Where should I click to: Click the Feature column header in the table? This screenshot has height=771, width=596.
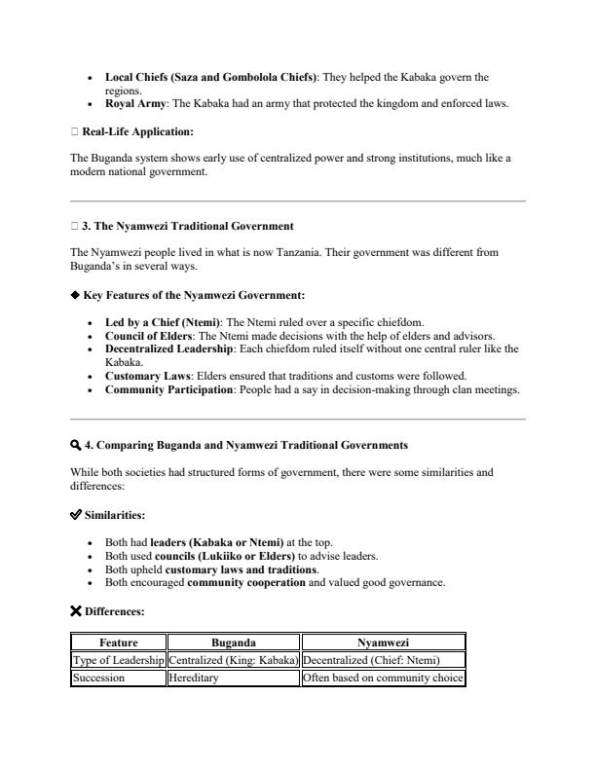click(119, 642)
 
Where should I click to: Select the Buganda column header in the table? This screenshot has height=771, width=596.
click(234, 642)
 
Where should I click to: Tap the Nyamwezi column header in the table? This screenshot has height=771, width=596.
click(383, 642)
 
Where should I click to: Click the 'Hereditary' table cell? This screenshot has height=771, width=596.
click(194, 679)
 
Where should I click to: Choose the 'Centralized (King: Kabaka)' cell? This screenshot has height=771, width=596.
click(234, 661)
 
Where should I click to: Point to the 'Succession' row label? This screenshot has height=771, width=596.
click(99, 679)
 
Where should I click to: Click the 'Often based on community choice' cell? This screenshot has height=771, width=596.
click(383, 679)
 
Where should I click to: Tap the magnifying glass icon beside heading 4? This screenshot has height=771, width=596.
click(76, 445)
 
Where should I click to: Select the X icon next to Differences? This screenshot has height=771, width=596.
click(77, 611)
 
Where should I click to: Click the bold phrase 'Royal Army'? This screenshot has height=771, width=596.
click(134, 103)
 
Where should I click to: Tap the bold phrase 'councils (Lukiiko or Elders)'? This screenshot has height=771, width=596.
click(227, 556)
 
